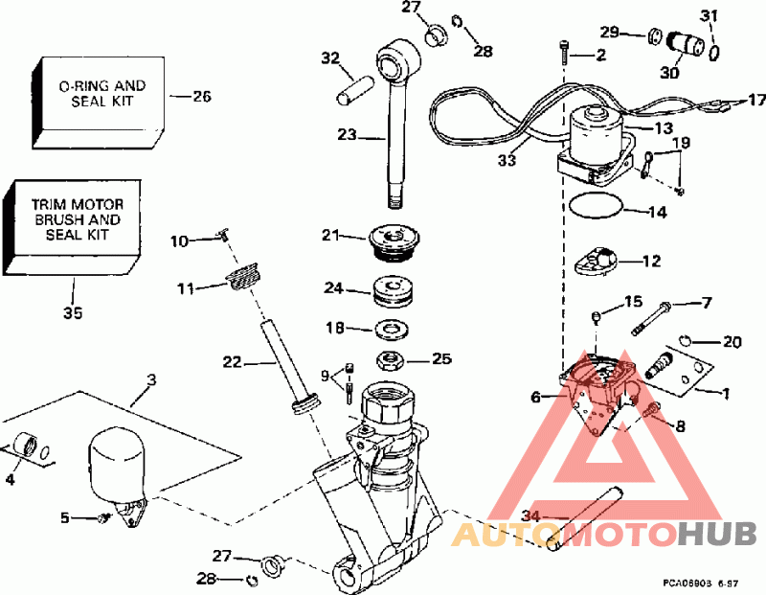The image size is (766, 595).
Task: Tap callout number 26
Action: point(202,96)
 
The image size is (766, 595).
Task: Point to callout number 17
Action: point(757,99)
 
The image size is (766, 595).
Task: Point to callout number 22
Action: point(232,363)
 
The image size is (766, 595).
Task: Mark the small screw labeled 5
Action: point(101,518)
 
